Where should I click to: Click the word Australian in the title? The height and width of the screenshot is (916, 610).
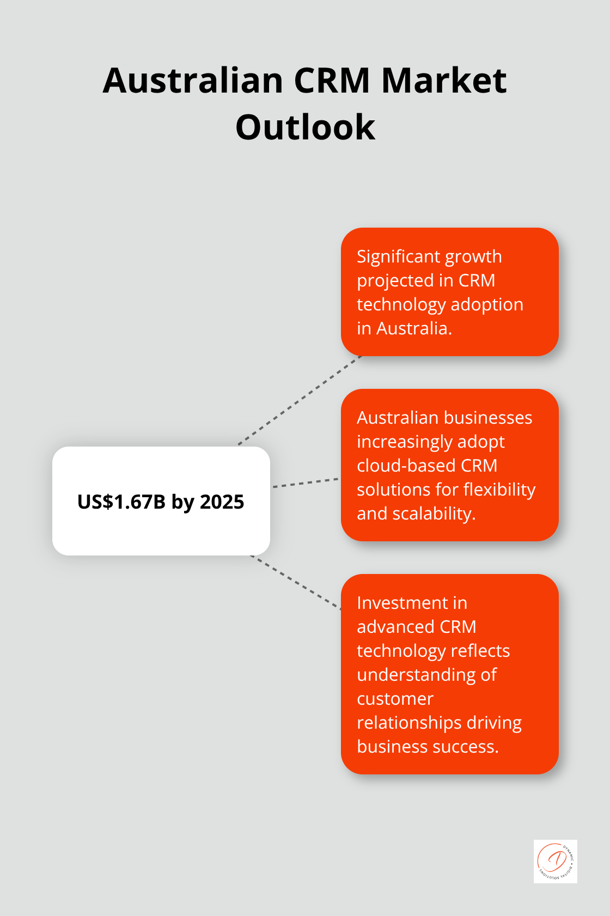coord(193,81)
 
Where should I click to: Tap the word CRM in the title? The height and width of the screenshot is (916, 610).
coord(332,81)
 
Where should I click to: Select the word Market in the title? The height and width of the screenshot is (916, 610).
coord(444,81)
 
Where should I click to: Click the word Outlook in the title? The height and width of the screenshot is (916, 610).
coord(305,127)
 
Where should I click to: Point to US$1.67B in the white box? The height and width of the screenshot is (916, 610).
coord(121,502)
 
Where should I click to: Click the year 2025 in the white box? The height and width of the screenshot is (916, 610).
coord(222,502)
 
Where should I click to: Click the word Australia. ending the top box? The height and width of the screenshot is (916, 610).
coord(414,328)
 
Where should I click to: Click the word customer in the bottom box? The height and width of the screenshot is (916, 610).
coord(395,699)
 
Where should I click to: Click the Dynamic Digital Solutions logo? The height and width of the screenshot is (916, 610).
coord(555,861)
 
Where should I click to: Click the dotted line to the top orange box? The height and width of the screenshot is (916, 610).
coord(300,400)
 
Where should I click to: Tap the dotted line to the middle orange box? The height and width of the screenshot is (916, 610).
coord(305,483)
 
